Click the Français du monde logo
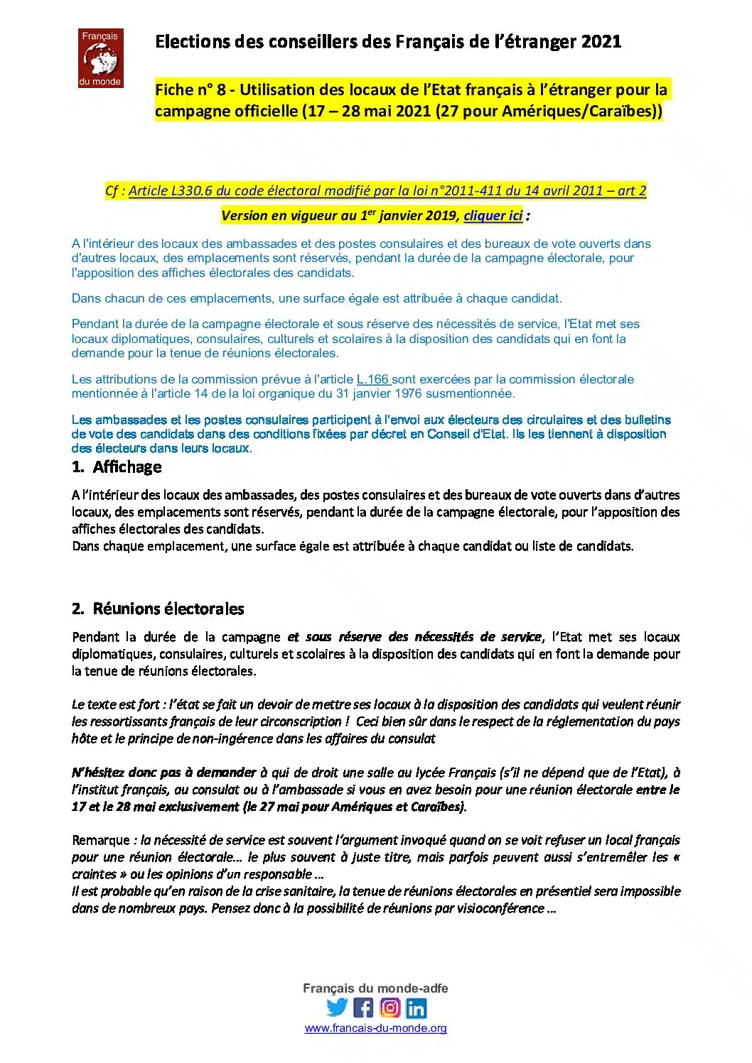coord(100,58)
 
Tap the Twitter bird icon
coord(337,1007)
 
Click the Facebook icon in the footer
coord(363,1008)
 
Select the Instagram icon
coord(390,1008)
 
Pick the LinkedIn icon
coord(417,1008)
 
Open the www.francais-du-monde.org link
coord(375,1028)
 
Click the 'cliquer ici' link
coord(493,216)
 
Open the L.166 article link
coord(373,379)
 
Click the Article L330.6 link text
coord(387,190)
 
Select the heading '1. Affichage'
coord(117,467)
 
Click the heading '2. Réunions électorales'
coord(159,609)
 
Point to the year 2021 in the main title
coord(601,42)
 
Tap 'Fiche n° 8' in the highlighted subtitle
coord(193,90)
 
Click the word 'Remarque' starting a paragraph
coord(101,841)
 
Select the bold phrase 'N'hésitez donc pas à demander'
coord(163,773)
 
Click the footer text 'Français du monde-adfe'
coord(375,988)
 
